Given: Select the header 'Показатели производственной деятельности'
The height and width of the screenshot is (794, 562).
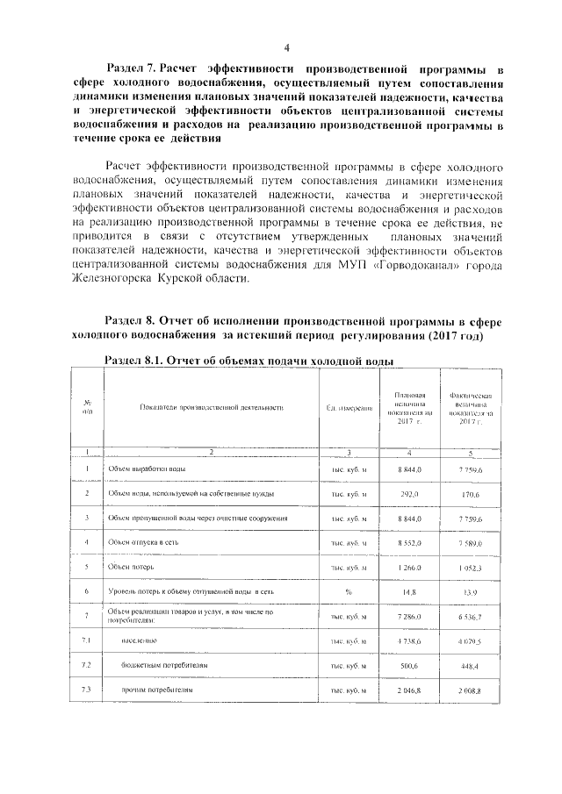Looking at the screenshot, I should [x=212, y=409].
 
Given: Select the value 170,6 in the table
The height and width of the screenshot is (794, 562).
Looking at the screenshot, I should [x=474, y=495].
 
